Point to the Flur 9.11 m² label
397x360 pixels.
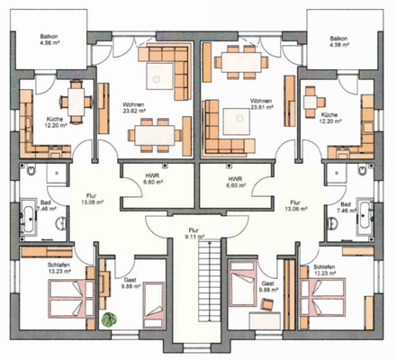(x=194, y=233)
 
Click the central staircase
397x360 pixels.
(x=198, y=297)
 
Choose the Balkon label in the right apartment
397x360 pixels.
(x=338, y=41)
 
